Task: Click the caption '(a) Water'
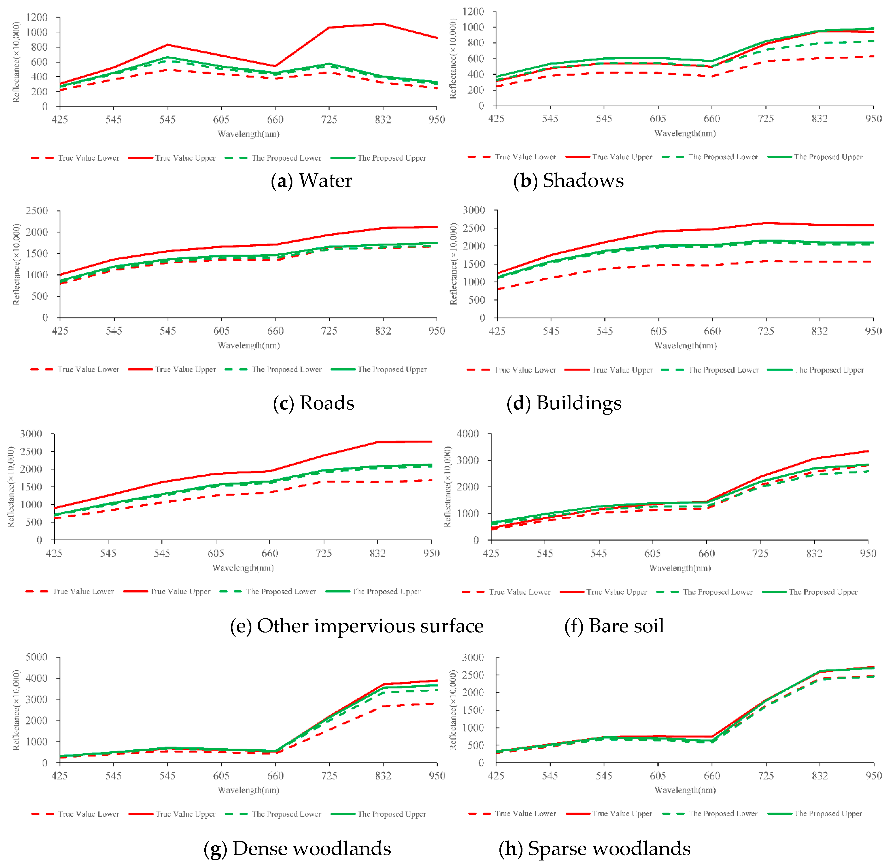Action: (312, 181)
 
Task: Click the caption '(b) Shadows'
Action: (569, 181)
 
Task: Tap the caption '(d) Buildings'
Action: (564, 403)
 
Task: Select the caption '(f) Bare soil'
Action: (614, 626)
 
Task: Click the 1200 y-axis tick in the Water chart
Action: (36, 17)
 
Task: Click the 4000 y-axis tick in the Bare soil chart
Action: (468, 433)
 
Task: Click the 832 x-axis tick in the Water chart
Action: (383, 120)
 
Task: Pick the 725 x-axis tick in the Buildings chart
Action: (766, 331)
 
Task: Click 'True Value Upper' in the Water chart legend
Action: (185, 158)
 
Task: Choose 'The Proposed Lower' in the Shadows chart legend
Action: (723, 157)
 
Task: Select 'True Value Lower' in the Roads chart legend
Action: (88, 369)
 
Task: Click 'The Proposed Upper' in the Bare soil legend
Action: (823, 592)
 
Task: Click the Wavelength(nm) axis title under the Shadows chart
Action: (685, 133)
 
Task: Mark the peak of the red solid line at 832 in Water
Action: (383, 24)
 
